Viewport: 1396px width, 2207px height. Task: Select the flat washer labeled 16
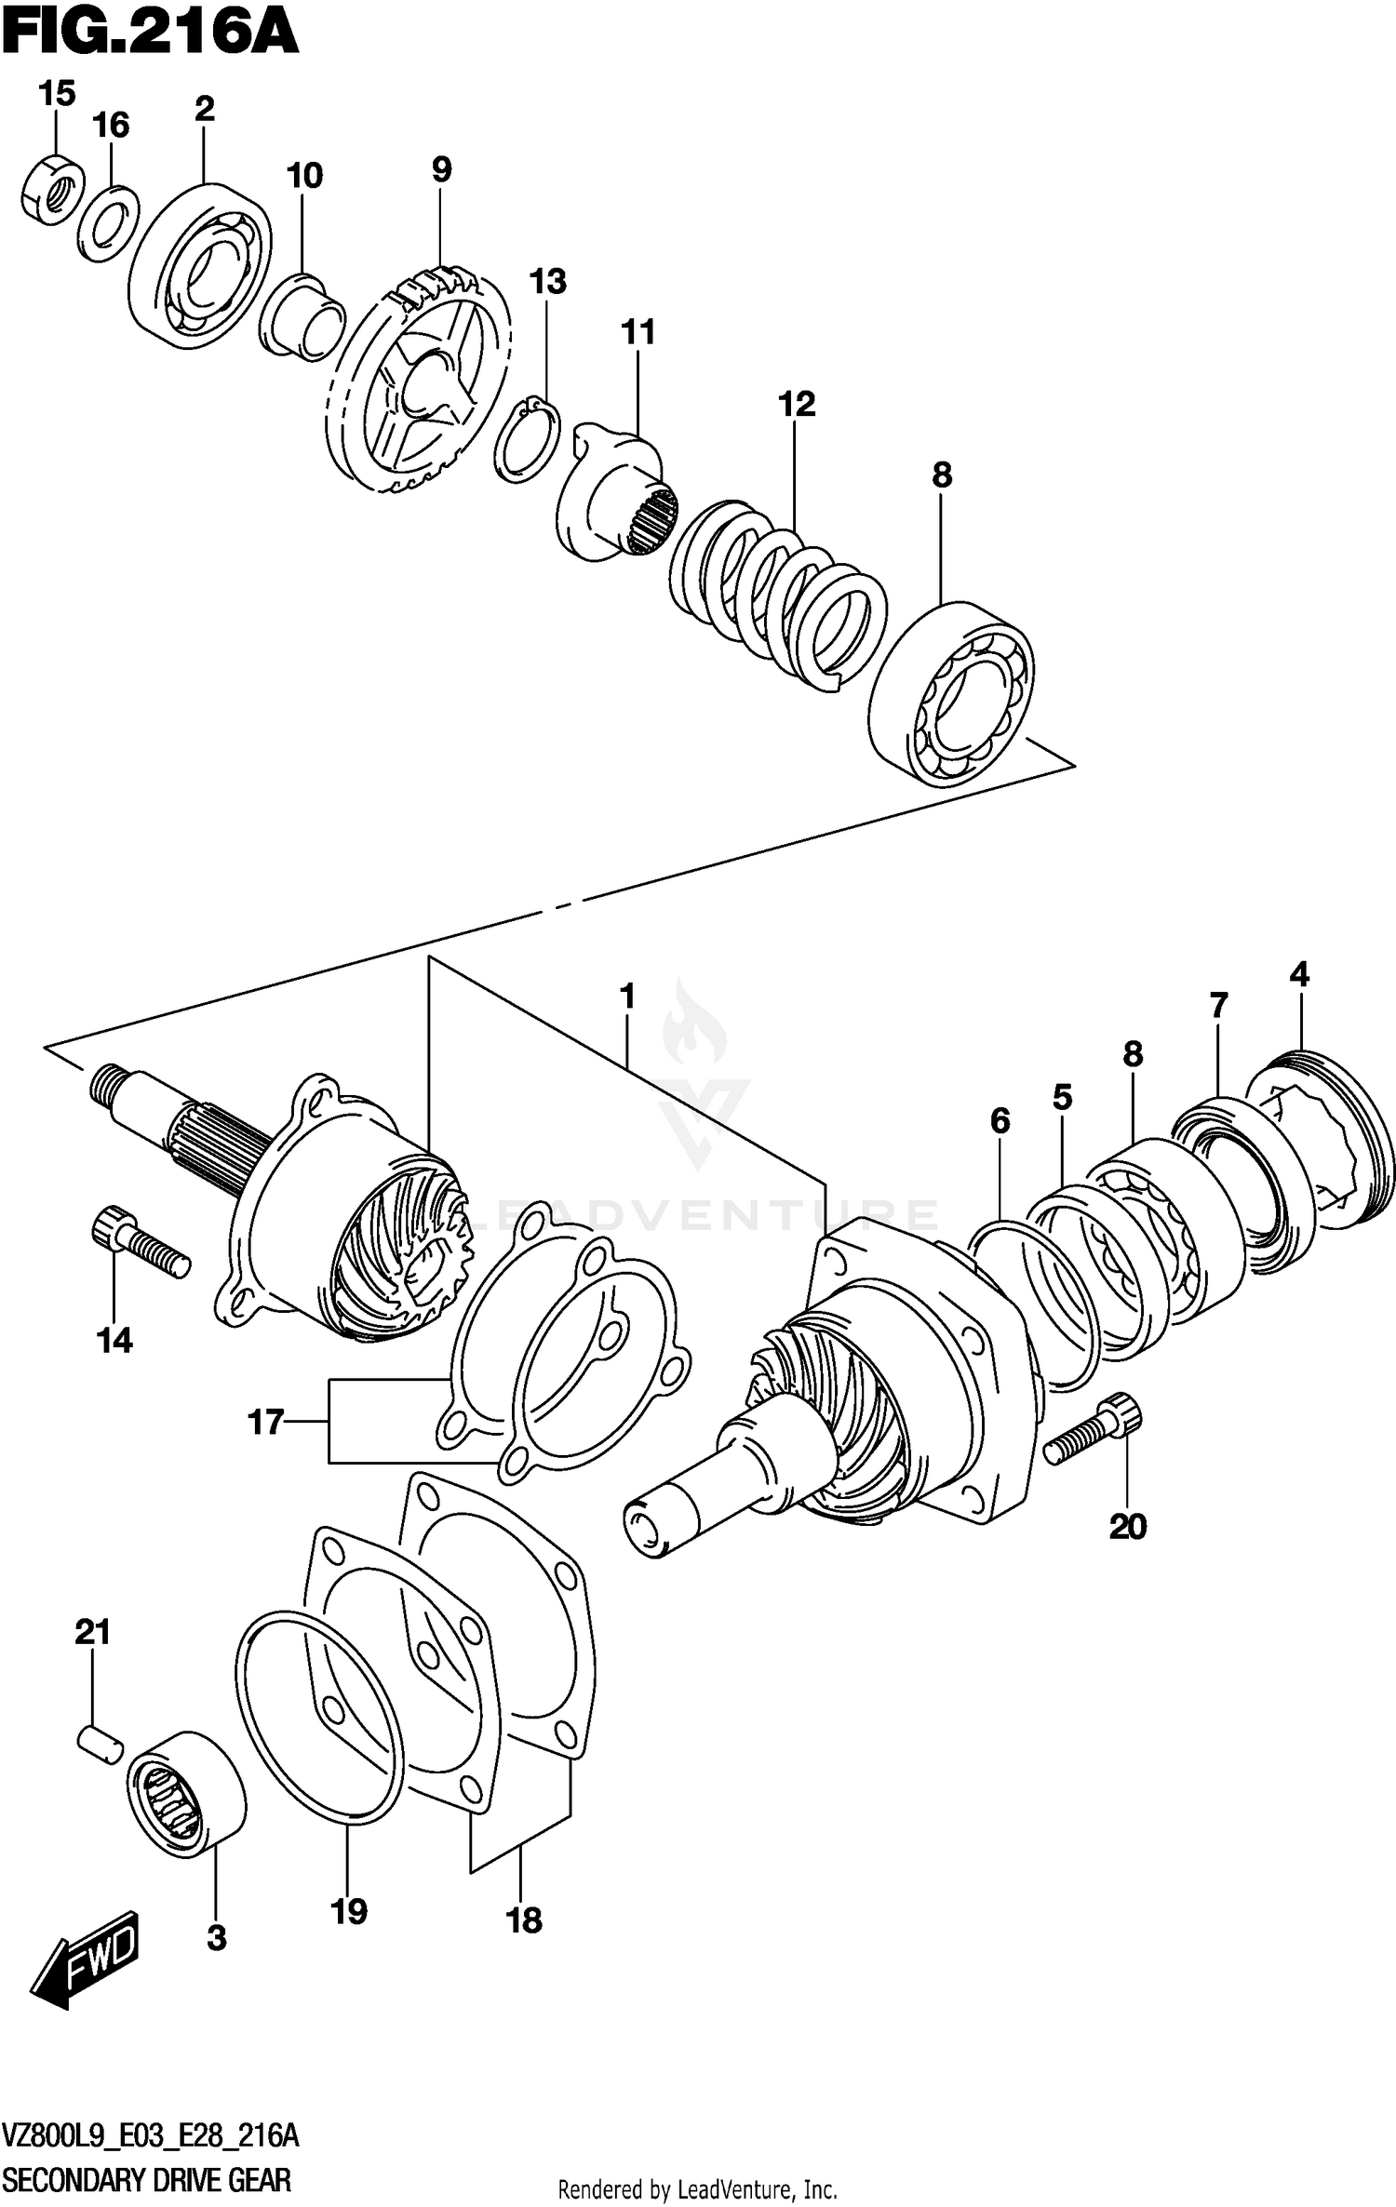click(108, 223)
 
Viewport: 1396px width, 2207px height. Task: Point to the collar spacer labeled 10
click(303, 316)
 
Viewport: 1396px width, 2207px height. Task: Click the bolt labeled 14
click(140, 1243)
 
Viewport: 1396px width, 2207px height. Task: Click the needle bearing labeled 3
click(185, 1794)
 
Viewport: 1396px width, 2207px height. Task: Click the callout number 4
click(1299, 975)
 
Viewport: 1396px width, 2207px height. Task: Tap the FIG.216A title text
click(149, 33)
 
